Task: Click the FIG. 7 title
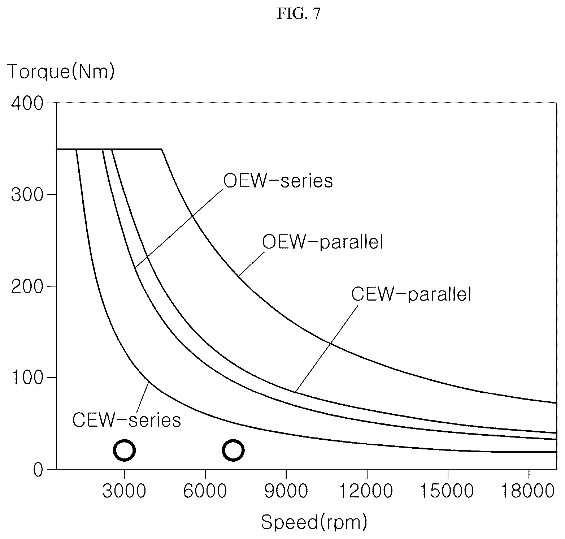(299, 14)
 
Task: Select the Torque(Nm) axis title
(61, 72)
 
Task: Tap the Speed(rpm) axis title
(314, 522)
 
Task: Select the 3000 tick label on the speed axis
(124, 492)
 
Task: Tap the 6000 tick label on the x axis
(205, 492)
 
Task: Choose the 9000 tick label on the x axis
(286, 492)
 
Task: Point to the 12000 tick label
(367, 492)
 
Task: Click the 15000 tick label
(448, 492)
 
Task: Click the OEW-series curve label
(278, 181)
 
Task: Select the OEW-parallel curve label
(322, 242)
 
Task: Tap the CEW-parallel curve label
(412, 294)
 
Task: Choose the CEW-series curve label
(127, 420)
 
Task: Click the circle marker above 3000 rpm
(124, 450)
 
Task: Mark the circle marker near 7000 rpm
(233, 450)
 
